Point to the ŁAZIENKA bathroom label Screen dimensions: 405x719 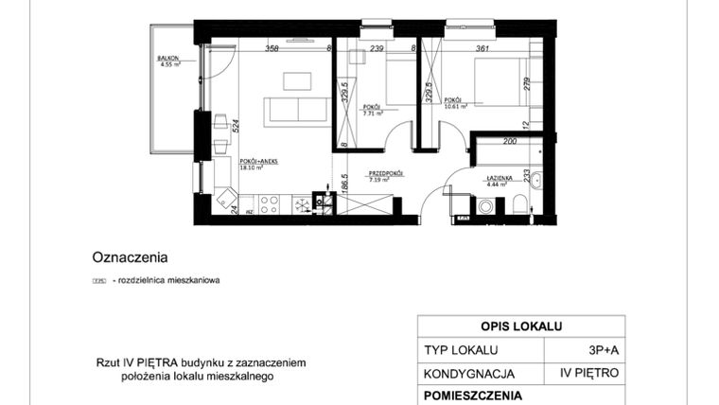point(499,178)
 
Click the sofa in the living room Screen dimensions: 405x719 point(297,110)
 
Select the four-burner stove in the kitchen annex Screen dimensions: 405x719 point(268,203)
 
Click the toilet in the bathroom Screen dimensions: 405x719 point(520,204)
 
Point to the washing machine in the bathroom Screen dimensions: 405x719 point(487,205)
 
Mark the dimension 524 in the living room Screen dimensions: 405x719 point(235,124)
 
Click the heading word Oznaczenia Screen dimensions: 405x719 point(130,255)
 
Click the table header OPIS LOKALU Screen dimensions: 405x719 point(521,326)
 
